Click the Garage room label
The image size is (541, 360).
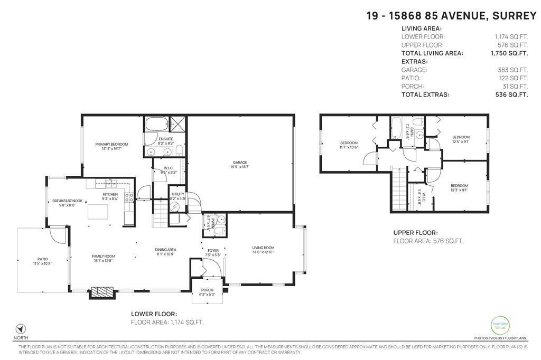click(240, 163)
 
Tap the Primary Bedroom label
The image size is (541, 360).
click(111, 144)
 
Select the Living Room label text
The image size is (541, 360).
click(263, 248)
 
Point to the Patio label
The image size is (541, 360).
click(42, 259)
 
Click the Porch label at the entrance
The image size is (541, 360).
click(207, 290)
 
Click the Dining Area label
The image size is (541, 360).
click(165, 250)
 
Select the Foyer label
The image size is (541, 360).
click(212, 251)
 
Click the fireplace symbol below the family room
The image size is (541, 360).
click(101, 292)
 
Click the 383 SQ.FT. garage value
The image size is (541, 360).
click(517, 70)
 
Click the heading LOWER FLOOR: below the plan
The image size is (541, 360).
click(151, 314)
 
